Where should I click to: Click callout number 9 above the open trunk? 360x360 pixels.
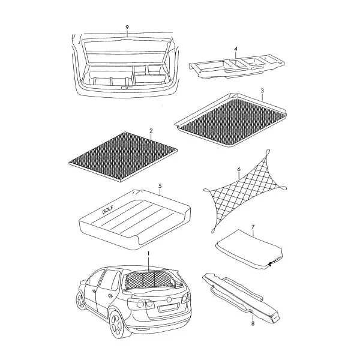127,28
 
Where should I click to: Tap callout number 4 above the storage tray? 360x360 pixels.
236,49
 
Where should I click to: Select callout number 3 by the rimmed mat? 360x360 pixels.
262,91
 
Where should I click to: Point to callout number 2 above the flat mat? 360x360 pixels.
151,131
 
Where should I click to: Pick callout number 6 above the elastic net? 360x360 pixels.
239,169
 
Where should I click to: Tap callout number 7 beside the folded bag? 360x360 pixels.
253,227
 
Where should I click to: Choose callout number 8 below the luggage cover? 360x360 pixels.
253,324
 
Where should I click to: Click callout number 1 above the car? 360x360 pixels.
149,254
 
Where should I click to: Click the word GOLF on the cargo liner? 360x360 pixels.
107,210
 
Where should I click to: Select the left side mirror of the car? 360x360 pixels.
83,282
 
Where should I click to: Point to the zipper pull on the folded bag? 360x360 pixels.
271,264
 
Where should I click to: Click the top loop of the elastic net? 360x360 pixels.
268,152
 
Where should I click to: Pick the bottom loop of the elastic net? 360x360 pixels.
213,230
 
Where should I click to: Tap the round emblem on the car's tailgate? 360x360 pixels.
169,299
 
